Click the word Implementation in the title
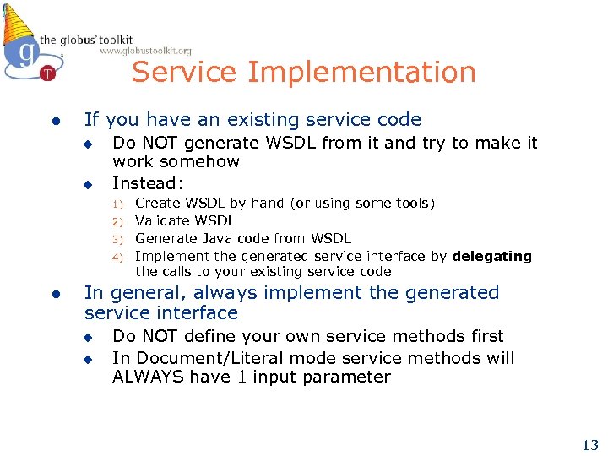[x=361, y=73]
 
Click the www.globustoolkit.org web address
[x=145, y=51]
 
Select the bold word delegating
[x=491, y=256]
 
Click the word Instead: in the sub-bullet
[x=146, y=182]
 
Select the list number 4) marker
[x=119, y=257]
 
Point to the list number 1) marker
[x=119, y=204]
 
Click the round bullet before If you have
[x=54, y=122]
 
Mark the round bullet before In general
[x=54, y=294]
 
